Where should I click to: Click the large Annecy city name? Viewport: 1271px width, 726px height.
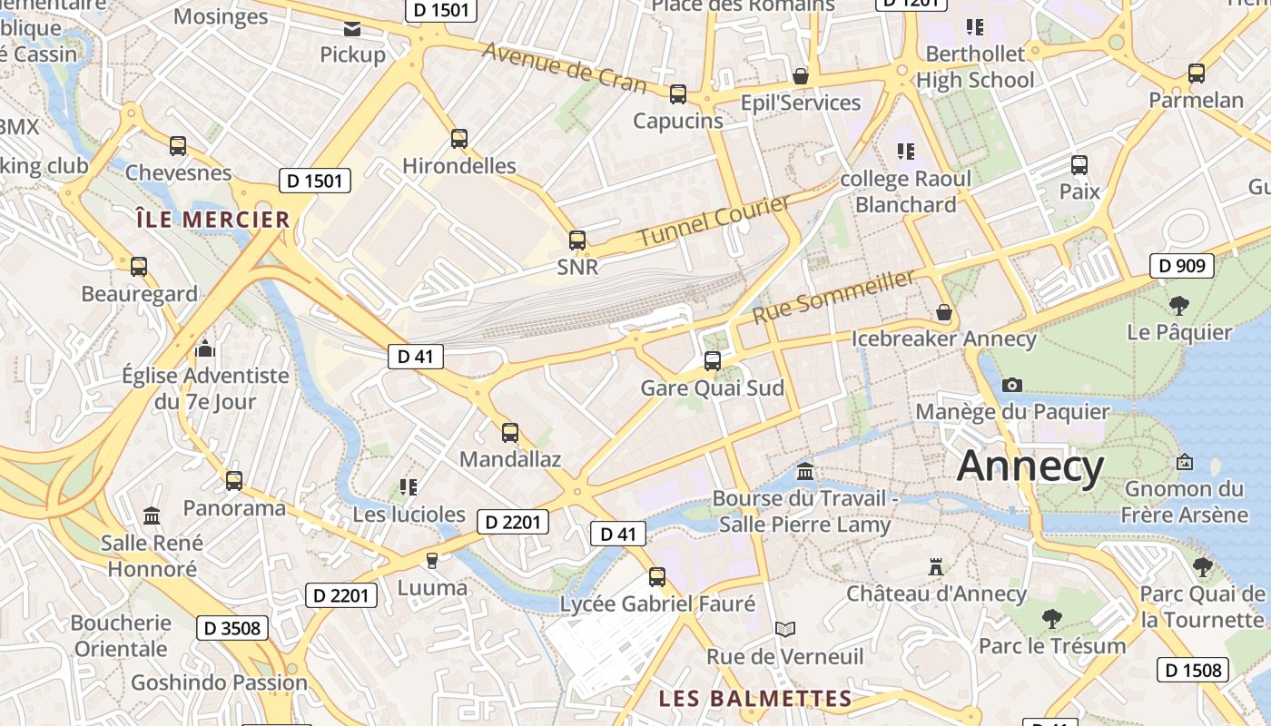pos(1030,466)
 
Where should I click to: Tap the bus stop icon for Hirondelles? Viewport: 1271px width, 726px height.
pos(459,139)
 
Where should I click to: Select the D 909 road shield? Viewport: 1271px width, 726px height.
pos(1182,266)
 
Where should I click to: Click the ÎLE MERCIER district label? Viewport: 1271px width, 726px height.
pos(212,220)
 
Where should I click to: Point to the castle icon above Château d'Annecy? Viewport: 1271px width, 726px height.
pos(936,568)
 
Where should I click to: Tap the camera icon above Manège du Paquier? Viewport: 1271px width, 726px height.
pos(1012,385)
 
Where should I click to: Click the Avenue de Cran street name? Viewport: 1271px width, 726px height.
pos(564,67)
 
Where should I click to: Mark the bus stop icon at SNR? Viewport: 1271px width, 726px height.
pos(577,240)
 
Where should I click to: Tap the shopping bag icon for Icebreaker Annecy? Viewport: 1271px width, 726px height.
pos(944,313)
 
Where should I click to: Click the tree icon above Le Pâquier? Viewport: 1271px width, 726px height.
pos(1179,305)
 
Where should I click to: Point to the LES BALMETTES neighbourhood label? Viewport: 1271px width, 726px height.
pos(755,699)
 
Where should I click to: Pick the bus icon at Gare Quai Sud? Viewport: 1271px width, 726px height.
pos(713,361)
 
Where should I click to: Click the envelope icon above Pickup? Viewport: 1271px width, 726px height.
pos(352,29)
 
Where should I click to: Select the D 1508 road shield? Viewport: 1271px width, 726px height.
pos(1192,671)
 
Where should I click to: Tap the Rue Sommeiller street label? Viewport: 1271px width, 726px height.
pos(833,297)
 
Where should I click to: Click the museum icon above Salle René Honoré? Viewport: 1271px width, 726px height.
pos(152,516)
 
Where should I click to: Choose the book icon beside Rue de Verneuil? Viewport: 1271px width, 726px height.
pos(785,629)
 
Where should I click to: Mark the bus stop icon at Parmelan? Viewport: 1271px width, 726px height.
pos(1197,74)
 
